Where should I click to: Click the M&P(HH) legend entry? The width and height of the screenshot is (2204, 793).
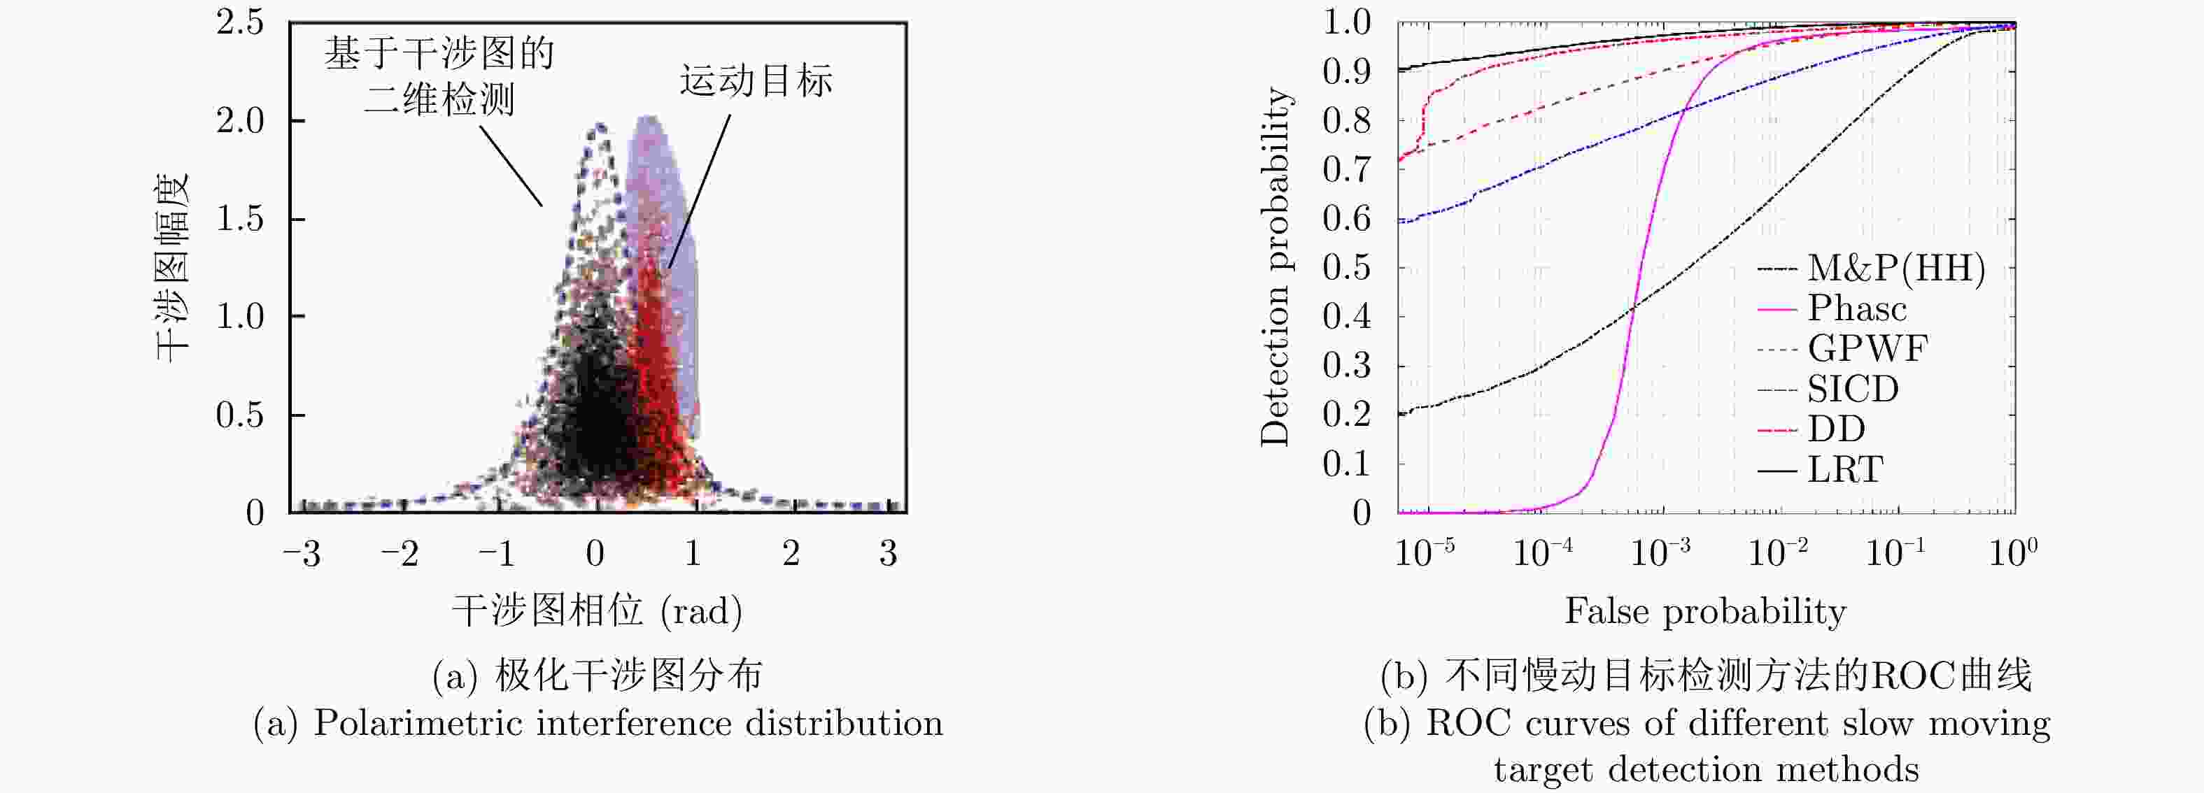[1895, 269]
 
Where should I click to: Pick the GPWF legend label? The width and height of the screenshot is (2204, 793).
[1867, 349]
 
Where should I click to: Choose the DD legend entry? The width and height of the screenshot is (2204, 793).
[1836, 429]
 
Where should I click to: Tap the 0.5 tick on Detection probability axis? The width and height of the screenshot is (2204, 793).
[1347, 268]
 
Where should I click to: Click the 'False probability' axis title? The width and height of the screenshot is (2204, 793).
[1705, 610]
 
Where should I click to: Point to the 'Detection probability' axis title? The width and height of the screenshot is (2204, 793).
[1275, 267]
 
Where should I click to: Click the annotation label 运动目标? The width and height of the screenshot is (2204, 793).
[756, 81]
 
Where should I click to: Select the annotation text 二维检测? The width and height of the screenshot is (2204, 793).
[439, 100]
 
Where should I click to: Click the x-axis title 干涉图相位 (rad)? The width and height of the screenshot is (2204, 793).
[596, 610]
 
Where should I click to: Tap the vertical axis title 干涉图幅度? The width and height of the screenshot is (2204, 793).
[172, 267]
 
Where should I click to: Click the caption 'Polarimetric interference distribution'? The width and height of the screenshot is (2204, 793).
[628, 724]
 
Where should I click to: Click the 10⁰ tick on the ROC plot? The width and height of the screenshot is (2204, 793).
[2012, 552]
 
